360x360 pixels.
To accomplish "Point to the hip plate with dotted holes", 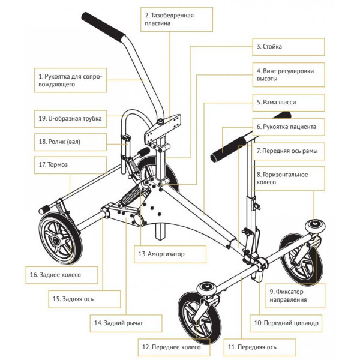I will (x=171, y=121).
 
